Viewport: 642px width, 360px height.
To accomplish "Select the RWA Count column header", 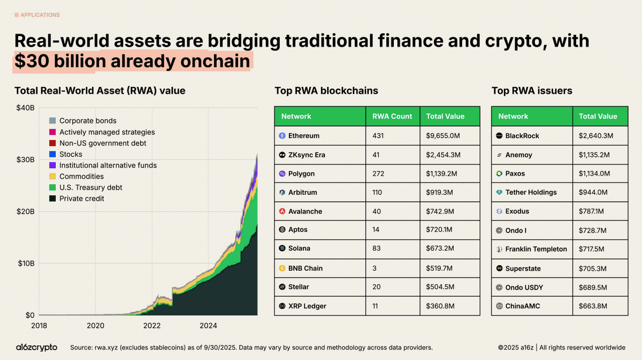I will (392, 116).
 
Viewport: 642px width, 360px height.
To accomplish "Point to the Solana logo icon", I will (282, 248).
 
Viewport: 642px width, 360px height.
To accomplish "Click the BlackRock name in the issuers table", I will (522, 136).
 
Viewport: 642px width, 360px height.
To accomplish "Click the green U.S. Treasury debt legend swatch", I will (52, 188).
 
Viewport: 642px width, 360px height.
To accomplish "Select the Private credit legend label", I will (82, 198).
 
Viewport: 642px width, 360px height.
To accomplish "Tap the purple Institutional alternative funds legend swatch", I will (52, 165).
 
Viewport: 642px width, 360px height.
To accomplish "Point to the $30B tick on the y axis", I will (26, 159).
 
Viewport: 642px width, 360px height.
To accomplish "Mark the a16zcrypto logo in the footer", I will (37, 348).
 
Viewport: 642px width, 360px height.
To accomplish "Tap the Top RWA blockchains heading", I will (326, 91).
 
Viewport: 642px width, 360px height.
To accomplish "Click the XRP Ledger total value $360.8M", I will (440, 306).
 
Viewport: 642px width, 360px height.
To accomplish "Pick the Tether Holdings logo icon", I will (499, 193).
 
